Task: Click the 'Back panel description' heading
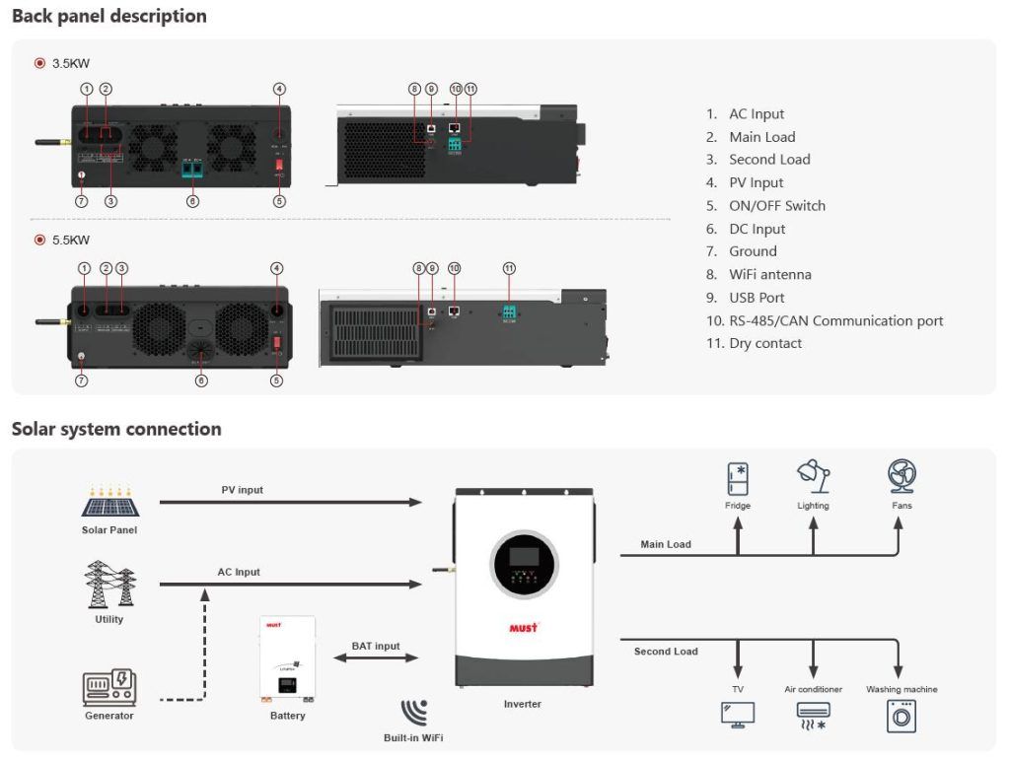click(x=108, y=17)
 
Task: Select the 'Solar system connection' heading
click(x=116, y=429)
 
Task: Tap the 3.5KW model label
click(x=70, y=63)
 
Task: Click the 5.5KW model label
click(x=70, y=240)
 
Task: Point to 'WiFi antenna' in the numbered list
click(x=769, y=274)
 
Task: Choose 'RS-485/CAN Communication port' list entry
click(x=834, y=320)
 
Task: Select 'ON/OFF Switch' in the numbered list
click(x=776, y=205)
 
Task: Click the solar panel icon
click(x=109, y=504)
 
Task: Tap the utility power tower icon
click(x=109, y=585)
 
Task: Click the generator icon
click(x=109, y=686)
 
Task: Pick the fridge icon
click(x=738, y=479)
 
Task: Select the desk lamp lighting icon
click(x=813, y=477)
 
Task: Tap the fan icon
click(x=902, y=477)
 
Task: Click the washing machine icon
click(x=902, y=717)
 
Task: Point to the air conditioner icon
click(x=813, y=715)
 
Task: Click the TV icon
click(x=738, y=715)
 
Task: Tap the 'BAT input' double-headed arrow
click(x=377, y=658)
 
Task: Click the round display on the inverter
click(x=524, y=564)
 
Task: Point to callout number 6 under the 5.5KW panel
click(x=201, y=380)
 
